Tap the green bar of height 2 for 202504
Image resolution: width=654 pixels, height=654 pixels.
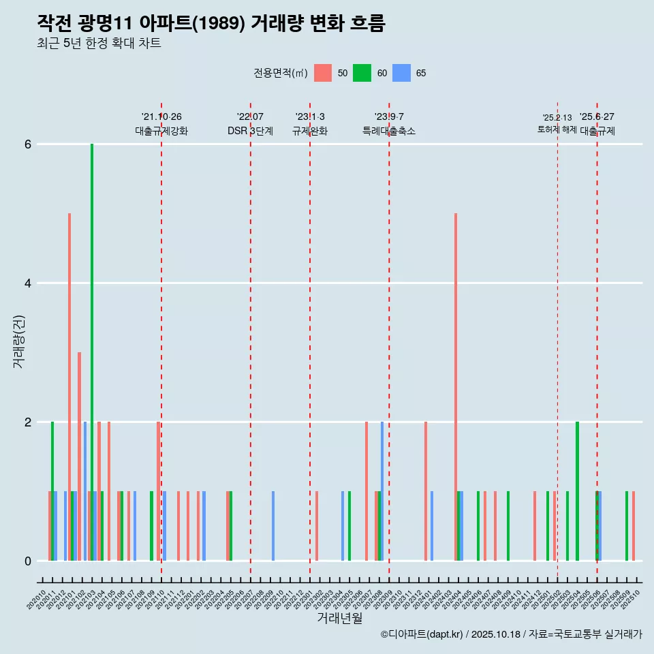click(x=577, y=490)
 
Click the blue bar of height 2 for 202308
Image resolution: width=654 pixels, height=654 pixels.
click(x=382, y=490)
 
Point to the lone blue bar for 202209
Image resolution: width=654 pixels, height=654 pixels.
click(x=273, y=525)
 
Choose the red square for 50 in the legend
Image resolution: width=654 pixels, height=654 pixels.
click(x=323, y=73)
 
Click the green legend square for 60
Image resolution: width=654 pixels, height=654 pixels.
click(x=362, y=73)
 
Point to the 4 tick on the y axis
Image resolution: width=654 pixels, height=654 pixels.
click(x=28, y=283)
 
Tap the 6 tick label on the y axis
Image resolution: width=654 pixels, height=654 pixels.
click(x=28, y=144)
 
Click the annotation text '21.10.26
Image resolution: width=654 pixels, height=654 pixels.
click(x=161, y=117)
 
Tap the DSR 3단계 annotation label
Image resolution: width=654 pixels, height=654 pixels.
click(x=251, y=131)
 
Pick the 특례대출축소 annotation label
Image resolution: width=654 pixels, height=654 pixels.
click(x=389, y=131)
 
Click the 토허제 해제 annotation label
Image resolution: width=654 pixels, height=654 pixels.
click(x=557, y=129)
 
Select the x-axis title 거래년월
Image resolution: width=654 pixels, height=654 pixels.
click(x=339, y=618)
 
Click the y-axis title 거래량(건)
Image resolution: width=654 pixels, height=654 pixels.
click(x=18, y=341)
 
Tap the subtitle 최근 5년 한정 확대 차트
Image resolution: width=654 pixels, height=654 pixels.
click(x=99, y=44)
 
